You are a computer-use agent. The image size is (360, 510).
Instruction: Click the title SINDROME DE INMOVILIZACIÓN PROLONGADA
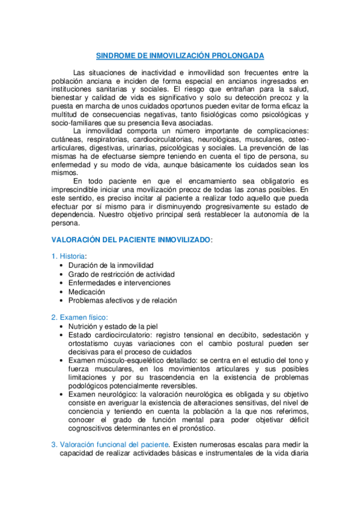(x=180, y=55)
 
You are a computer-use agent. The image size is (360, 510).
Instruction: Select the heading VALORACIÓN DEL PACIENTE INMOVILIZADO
(x=132, y=239)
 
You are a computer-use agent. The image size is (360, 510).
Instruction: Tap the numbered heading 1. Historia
(x=69, y=256)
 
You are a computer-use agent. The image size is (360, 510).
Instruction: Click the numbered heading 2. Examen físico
(x=79, y=317)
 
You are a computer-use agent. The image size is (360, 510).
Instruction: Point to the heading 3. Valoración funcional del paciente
(x=114, y=444)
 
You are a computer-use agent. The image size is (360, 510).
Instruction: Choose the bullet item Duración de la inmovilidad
(x=111, y=265)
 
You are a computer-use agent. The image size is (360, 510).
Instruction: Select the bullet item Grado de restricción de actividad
(x=120, y=274)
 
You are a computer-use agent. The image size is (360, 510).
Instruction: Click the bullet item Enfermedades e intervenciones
(x=119, y=283)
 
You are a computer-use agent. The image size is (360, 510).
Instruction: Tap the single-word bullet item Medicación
(x=88, y=292)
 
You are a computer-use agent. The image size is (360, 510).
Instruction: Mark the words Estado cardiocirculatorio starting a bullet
(x=108, y=334)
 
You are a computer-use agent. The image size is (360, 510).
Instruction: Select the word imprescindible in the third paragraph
(x=78, y=189)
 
